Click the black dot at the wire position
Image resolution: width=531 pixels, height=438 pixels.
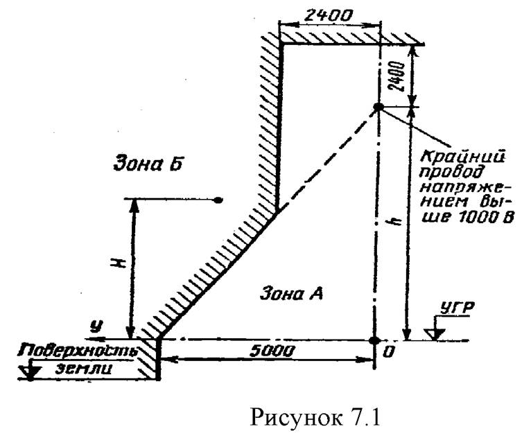click(378, 107)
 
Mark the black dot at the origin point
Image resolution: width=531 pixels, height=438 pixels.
click(374, 340)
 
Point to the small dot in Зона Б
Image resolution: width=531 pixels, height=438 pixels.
click(218, 200)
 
